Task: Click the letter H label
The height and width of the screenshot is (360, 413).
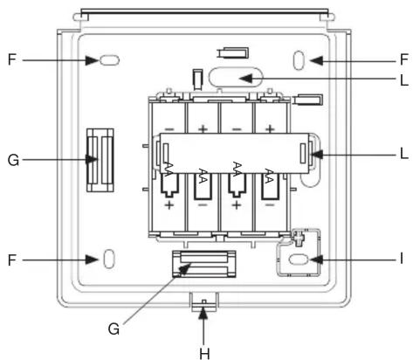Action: (x=204, y=354)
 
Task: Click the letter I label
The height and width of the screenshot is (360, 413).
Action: (x=402, y=259)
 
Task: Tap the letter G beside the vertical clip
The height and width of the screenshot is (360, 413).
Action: (x=13, y=160)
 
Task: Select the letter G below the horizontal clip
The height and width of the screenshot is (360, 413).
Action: (x=114, y=329)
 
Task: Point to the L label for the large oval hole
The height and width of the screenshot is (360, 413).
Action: (x=404, y=80)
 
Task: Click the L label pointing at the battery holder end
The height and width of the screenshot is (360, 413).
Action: (x=404, y=154)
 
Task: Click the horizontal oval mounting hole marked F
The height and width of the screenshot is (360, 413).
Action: (x=109, y=60)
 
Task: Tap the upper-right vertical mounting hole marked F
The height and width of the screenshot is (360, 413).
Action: (x=299, y=60)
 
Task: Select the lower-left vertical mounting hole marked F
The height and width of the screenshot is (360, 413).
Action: (x=109, y=259)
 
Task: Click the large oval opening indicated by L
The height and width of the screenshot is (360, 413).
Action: (x=236, y=77)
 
